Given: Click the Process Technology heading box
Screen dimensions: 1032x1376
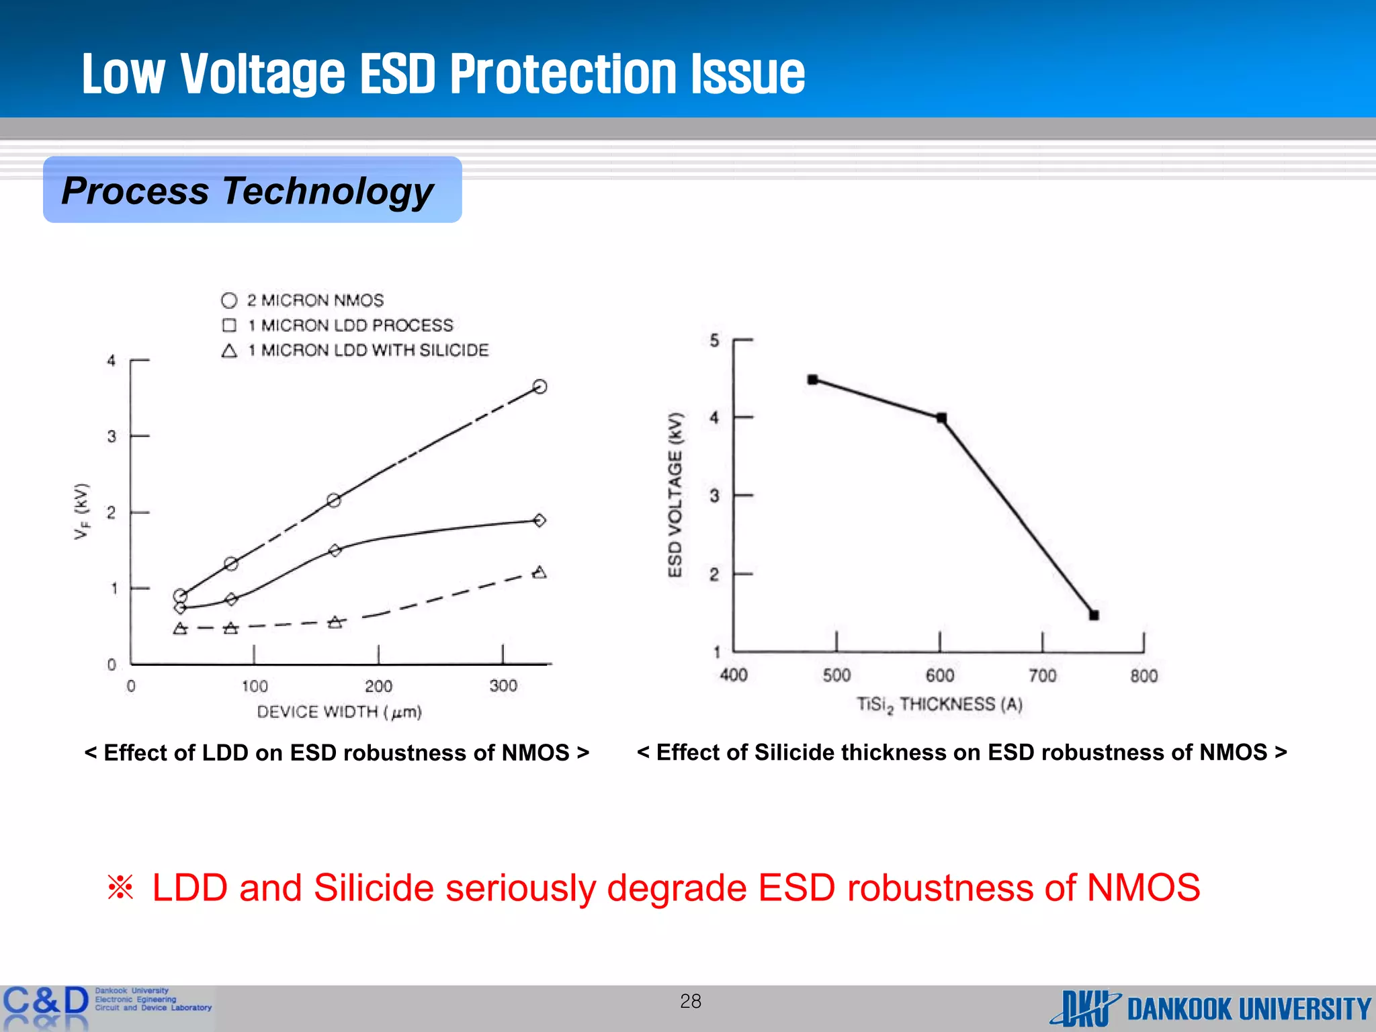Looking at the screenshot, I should (x=252, y=190).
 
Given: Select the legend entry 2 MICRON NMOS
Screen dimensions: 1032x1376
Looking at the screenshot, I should (x=314, y=300).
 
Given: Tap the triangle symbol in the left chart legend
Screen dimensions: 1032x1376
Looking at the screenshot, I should (x=229, y=350).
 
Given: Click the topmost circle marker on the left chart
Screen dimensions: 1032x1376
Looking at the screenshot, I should (x=540, y=386).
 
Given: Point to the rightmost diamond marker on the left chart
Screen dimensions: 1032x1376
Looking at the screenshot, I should (x=539, y=520).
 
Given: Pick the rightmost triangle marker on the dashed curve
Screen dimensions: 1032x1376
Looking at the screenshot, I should (x=539, y=572).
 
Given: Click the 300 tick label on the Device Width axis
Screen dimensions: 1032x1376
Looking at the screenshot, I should (x=503, y=686).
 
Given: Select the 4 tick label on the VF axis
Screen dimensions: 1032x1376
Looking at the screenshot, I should (x=112, y=361).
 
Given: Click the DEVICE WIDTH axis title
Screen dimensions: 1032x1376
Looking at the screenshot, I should (x=339, y=712).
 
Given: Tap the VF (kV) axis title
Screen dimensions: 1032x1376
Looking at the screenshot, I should (x=81, y=511).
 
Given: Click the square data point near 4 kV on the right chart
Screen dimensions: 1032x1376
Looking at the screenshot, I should (x=941, y=418).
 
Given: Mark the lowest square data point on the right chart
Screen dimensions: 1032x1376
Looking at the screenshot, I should (x=1094, y=615).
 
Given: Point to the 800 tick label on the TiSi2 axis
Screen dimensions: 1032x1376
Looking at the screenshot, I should (x=1144, y=676).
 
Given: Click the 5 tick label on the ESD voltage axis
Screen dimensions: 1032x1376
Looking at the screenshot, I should (x=714, y=341).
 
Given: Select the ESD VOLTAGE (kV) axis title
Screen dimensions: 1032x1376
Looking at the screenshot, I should (x=675, y=495).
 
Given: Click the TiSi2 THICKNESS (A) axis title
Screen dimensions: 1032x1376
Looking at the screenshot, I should (x=939, y=705).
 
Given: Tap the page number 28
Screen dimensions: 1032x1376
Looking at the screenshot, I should (x=690, y=1001).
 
